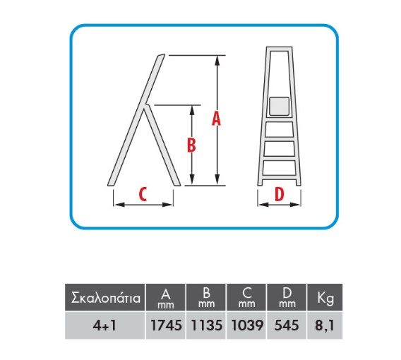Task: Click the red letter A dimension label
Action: click(216, 119)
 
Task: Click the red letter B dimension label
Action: click(191, 145)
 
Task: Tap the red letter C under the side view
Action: click(143, 194)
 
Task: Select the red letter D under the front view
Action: click(280, 194)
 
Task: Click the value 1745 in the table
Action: click(166, 325)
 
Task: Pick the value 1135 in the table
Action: click(207, 325)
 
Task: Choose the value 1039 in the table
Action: click(247, 325)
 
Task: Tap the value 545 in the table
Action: click(287, 325)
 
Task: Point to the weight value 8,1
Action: click(325, 325)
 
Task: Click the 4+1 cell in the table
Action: click(105, 325)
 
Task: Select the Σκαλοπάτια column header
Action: click(106, 298)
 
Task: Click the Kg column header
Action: click(325, 299)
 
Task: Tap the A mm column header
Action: click(166, 298)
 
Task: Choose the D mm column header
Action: click(287, 298)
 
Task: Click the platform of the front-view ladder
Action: click(280, 106)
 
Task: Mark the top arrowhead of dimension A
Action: click(217, 60)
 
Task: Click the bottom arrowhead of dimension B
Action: click(193, 179)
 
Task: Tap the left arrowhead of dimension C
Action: click(119, 205)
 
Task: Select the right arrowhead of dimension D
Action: click(295, 204)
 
